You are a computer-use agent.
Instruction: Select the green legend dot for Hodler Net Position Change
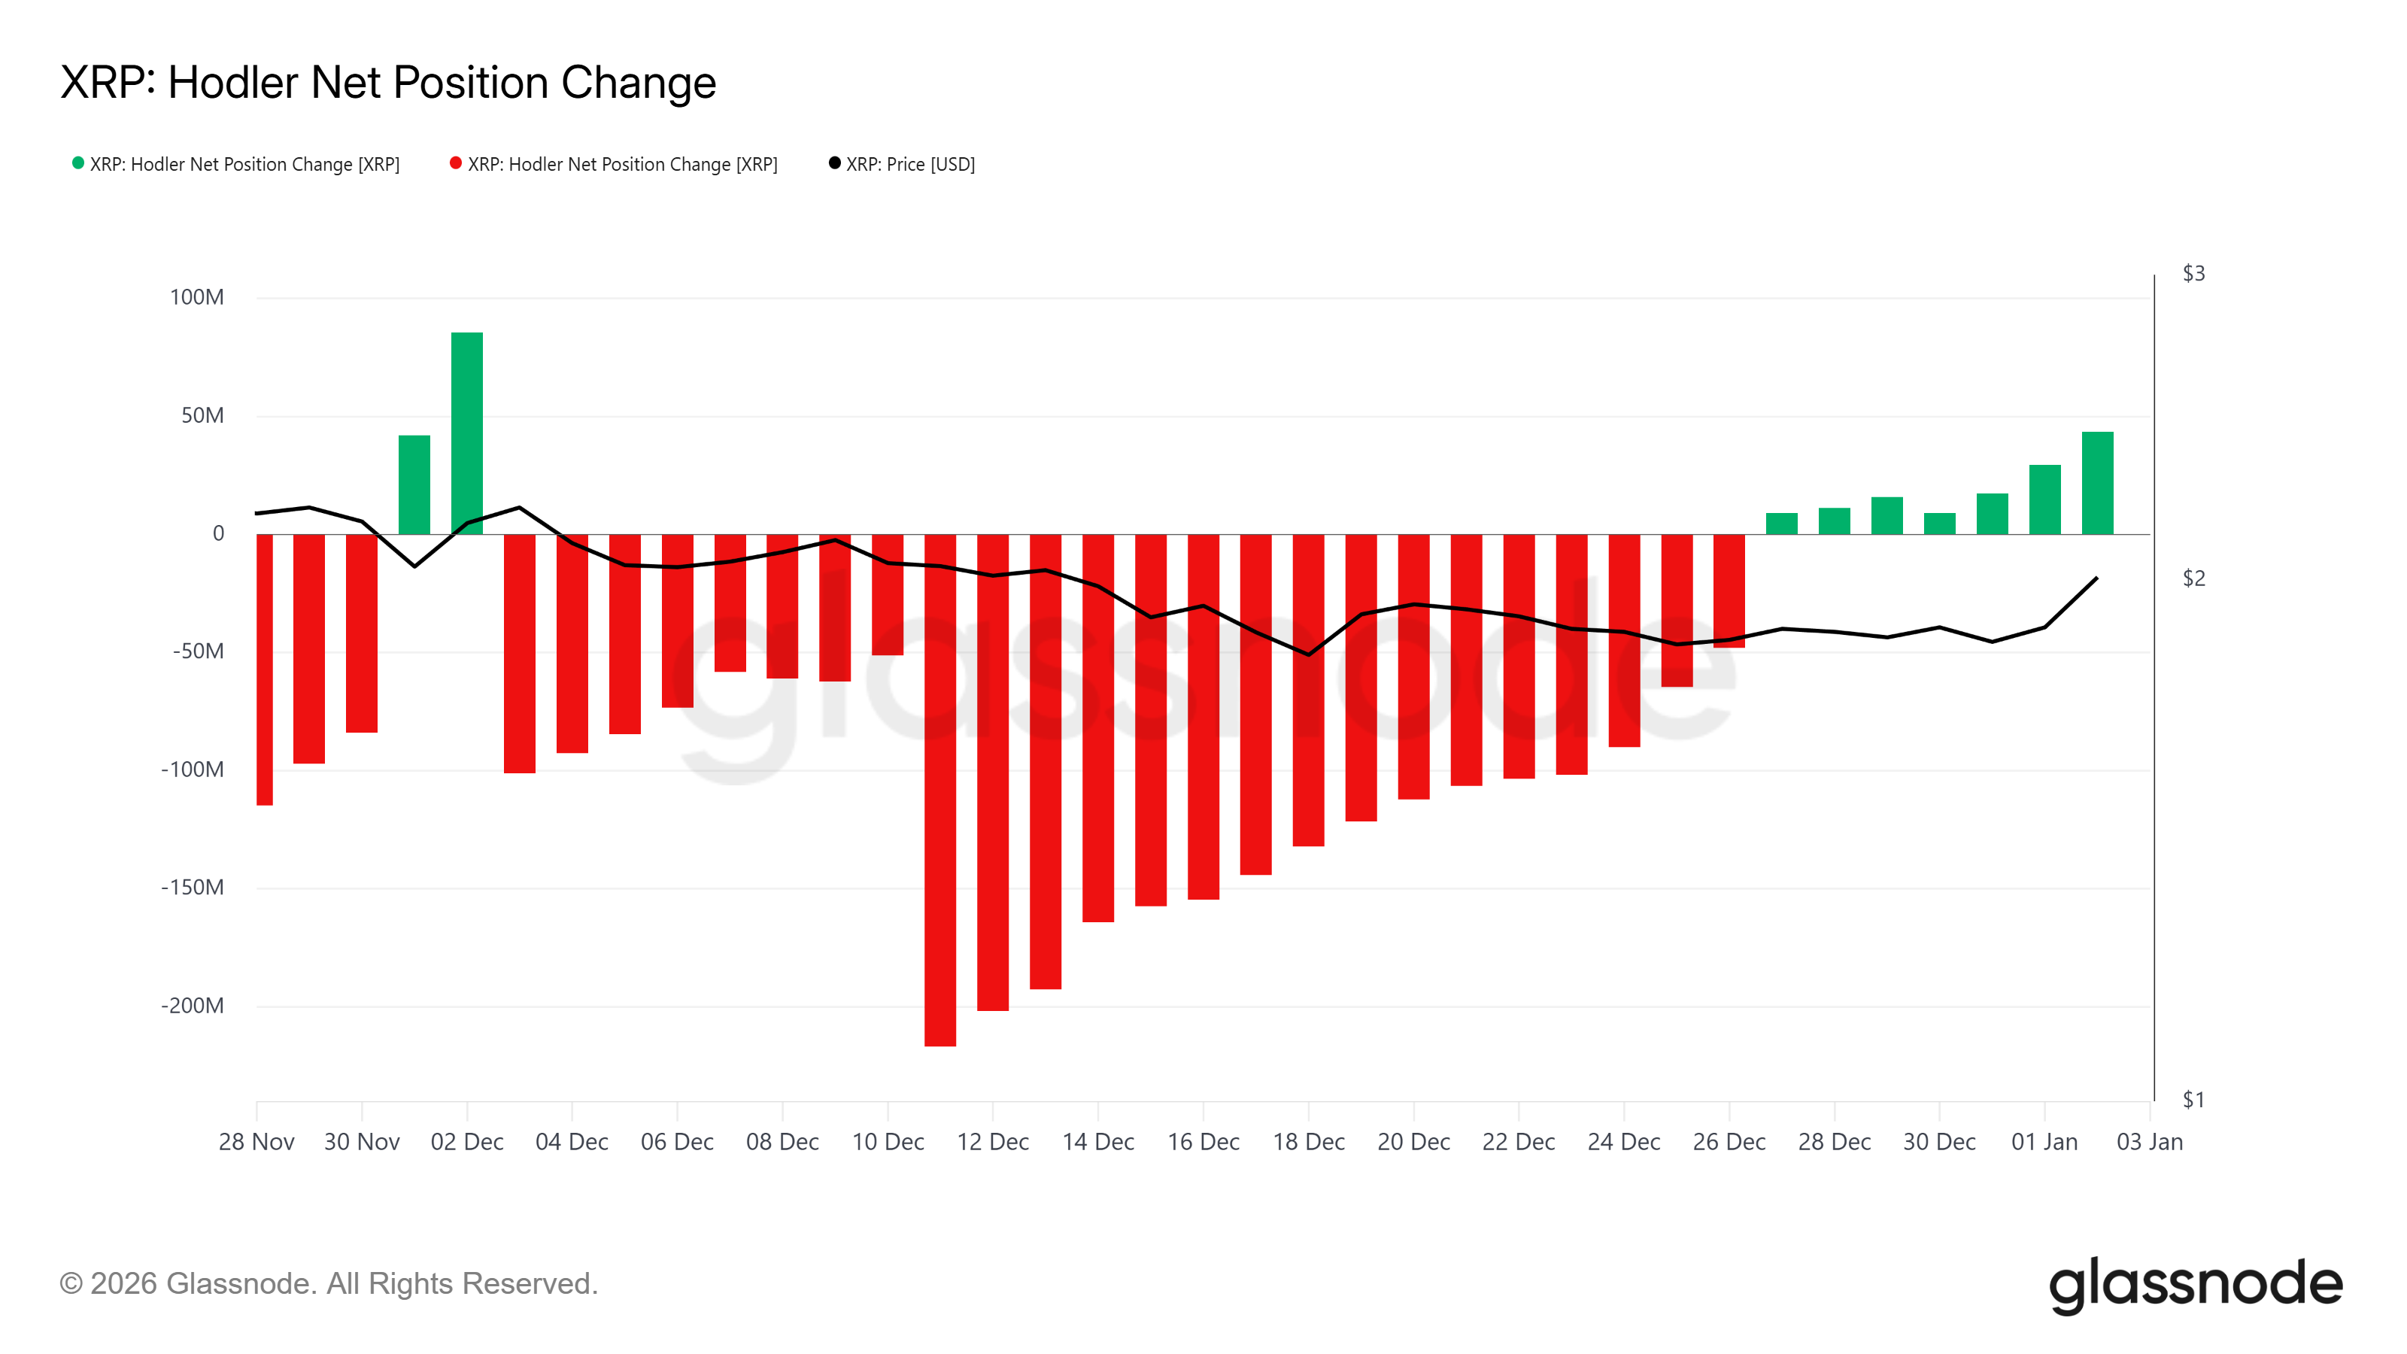coord(78,163)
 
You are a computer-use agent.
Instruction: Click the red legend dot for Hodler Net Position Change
coord(456,163)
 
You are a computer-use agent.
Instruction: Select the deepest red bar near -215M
coord(940,790)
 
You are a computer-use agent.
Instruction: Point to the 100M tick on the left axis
coord(196,297)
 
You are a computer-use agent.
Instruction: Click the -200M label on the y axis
coord(193,1006)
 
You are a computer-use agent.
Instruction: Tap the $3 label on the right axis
coord(2193,273)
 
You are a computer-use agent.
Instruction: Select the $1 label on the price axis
coord(2193,1099)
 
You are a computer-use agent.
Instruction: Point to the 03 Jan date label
coord(2149,1142)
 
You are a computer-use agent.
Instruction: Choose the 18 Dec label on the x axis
coord(1308,1142)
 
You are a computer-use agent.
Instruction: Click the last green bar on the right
coord(2097,483)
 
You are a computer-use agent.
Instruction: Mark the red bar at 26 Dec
coord(1729,590)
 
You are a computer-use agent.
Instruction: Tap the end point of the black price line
coord(2097,578)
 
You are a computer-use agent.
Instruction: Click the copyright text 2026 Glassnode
coord(329,1283)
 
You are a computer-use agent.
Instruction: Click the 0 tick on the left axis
coord(219,533)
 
